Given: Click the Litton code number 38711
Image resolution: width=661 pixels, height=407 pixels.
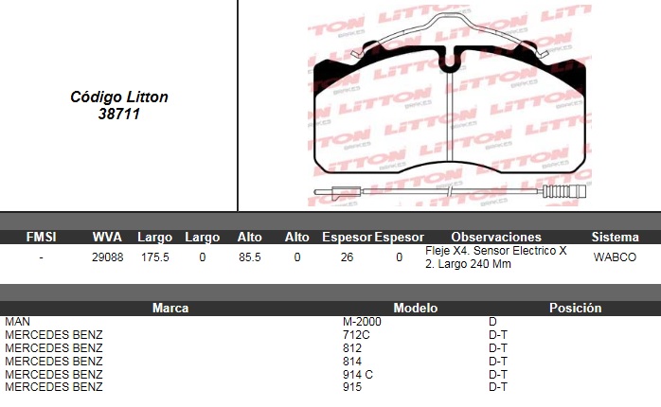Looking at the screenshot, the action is (119, 114).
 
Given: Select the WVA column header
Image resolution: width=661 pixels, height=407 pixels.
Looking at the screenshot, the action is (107, 237).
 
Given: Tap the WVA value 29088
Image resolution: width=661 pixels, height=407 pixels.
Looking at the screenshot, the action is (108, 257).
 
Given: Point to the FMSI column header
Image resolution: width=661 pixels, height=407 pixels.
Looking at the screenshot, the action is (41, 237).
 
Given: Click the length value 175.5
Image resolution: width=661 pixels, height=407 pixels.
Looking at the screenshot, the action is (154, 257).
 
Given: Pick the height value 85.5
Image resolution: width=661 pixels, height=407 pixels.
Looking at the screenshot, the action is (250, 257).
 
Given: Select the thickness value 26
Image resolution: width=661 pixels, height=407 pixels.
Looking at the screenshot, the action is (347, 257).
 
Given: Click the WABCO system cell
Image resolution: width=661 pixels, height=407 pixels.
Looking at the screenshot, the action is (615, 257).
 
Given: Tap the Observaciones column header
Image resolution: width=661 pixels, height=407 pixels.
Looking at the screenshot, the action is (496, 237).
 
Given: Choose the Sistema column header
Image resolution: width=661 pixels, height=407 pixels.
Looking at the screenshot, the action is (615, 237).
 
